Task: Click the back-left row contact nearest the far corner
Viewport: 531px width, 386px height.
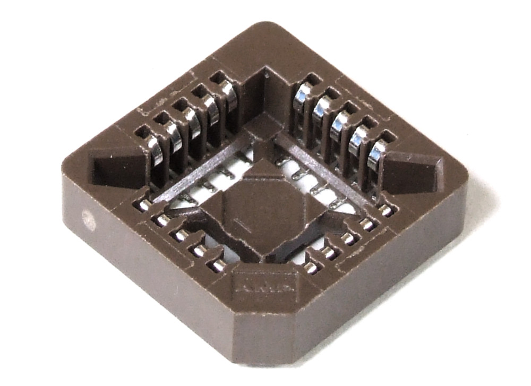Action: [229, 93]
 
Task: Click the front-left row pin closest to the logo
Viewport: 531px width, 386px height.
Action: [218, 264]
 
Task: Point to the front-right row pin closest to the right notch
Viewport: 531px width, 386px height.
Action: [386, 210]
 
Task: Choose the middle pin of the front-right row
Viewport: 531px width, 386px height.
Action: [348, 238]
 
